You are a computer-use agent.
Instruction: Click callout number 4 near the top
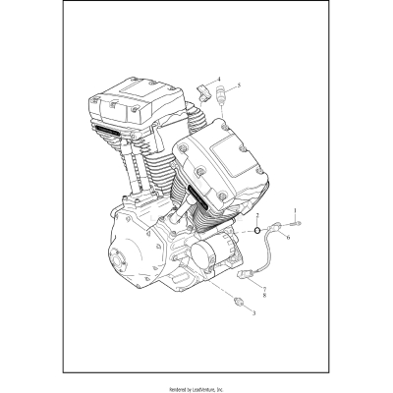[x=219, y=78]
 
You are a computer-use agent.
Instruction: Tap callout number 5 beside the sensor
[x=239, y=85]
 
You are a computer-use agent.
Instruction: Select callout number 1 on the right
[x=306, y=209]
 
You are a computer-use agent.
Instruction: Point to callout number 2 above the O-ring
[x=256, y=214]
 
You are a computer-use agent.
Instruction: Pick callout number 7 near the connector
[x=262, y=281]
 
